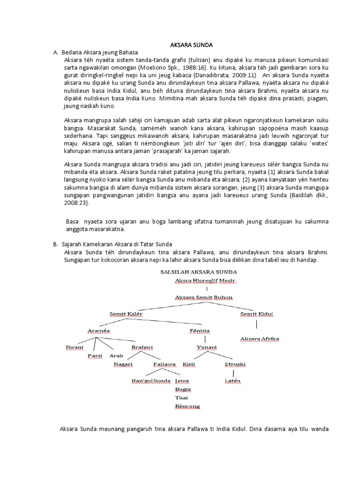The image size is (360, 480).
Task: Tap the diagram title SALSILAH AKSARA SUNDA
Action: (199, 271)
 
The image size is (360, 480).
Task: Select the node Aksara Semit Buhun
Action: (203, 298)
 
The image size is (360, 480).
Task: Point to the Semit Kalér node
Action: (126, 314)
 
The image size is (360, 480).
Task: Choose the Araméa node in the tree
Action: (98, 330)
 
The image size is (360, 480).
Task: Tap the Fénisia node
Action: (200, 330)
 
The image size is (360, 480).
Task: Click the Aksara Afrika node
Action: (259, 338)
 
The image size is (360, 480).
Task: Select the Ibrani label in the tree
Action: (75, 347)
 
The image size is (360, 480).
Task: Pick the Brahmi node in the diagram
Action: (142, 347)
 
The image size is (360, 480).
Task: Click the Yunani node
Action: (206, 347)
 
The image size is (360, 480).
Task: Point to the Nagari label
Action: (123, 364)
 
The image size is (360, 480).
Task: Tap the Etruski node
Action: (235, 364)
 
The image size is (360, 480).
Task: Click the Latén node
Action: (232, 381)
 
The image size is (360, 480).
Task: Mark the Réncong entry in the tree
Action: (187, 406)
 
